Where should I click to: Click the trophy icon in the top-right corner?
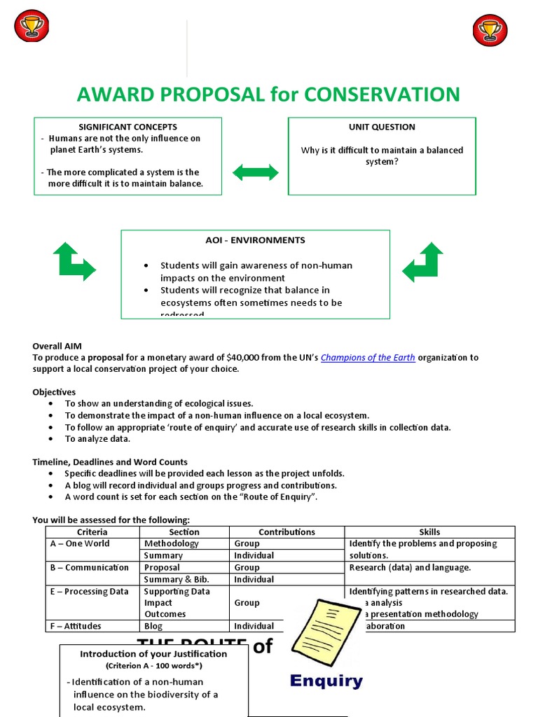tap(490, 30)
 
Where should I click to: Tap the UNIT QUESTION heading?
tap(382, 127)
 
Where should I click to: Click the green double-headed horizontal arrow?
tap(256, 172)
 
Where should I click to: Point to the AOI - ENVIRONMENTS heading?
tap(255, 240)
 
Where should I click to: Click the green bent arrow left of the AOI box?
tap(74, 261)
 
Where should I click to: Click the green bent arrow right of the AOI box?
tap(422, 261)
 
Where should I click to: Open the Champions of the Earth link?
tap(368, 357)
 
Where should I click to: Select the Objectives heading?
tap(54, 392)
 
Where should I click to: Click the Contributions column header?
tap(287, 532)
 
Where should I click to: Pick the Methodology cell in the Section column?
tap(171, 543)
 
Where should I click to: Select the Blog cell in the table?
tap(153, 626)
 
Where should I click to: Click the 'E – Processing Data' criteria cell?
tap(89, 591)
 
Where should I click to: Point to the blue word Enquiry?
tap(326, 681)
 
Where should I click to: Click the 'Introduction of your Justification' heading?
tap(153, 654)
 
